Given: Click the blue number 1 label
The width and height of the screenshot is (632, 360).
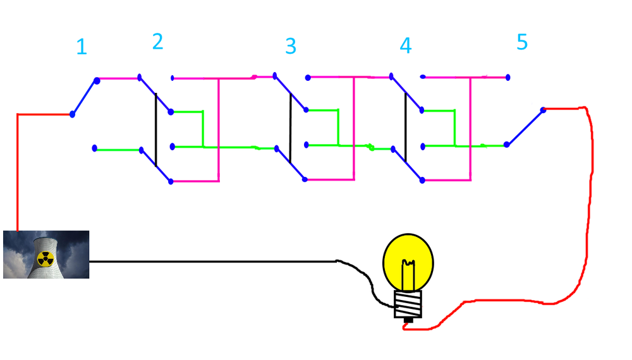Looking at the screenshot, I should [x=81, y=47].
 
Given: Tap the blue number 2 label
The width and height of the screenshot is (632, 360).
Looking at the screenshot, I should [x=157, y=42].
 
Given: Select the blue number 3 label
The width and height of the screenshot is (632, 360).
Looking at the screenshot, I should [x=290, y=46].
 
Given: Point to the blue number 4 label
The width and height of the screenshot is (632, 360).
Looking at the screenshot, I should [x=405, y=46].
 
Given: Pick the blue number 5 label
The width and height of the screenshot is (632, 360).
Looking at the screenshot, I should [x=521, y=42].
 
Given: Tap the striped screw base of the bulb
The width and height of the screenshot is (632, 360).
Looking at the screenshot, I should [x=408, y=304].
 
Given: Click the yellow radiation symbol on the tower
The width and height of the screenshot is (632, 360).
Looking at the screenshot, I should [x=44, y=258].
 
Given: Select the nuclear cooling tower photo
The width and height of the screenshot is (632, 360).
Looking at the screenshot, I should [x=46, y=255].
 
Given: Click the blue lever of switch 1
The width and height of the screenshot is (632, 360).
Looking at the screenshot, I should [x=84, y=97].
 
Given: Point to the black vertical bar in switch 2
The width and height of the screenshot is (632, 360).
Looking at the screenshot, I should [x=155, y=129].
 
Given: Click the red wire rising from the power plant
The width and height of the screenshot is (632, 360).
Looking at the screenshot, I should [x=18, y=171].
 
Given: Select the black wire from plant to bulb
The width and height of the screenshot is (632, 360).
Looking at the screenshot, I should [x=215, y=261].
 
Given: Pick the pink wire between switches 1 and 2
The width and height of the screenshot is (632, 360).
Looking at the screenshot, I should [x=118, y=79].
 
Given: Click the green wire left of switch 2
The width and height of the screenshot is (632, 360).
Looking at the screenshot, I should [x=118, y=150].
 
